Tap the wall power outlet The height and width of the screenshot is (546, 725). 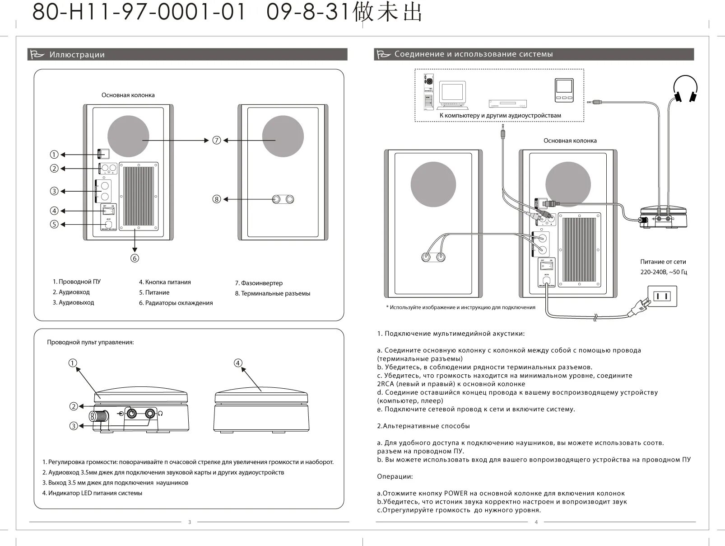(662, 297)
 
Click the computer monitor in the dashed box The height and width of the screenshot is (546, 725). (453, 93)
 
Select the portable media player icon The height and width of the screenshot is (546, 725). (564, 90)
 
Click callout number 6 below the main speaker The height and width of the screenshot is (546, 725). (135, 258)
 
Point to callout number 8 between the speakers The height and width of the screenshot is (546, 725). (217, 199)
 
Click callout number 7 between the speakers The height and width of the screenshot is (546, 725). (217, 140)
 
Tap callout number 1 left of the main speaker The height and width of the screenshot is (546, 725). (54, 155)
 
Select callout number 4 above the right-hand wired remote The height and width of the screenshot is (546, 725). (238, 363)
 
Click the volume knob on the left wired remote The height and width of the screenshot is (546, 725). (98, 415)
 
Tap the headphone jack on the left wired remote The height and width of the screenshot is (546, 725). (150, 413)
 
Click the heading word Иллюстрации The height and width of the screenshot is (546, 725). (77, 55)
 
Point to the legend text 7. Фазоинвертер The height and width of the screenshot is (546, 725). (259, 283)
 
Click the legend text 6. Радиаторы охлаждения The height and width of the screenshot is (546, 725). (176, 303)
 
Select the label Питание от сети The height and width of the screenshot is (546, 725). (663, 262)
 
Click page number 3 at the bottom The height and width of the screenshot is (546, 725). (190, 522)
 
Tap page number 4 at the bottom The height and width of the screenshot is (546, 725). (536, 522)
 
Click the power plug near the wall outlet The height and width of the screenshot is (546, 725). (639, 309)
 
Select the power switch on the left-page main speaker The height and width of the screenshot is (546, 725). (109, 210)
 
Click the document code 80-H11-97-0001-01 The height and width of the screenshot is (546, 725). (139, 13)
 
